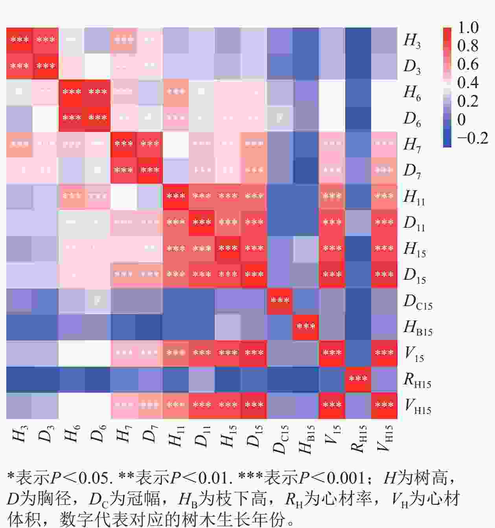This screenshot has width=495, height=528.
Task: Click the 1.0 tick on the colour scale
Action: click(468, 28)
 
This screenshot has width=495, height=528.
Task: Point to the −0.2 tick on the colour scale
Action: click(472, 138)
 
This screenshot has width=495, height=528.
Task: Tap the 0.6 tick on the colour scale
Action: click(468, 64)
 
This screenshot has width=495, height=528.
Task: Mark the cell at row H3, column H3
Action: click(19, 40)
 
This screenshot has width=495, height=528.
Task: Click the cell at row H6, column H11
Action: click(176, 92)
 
